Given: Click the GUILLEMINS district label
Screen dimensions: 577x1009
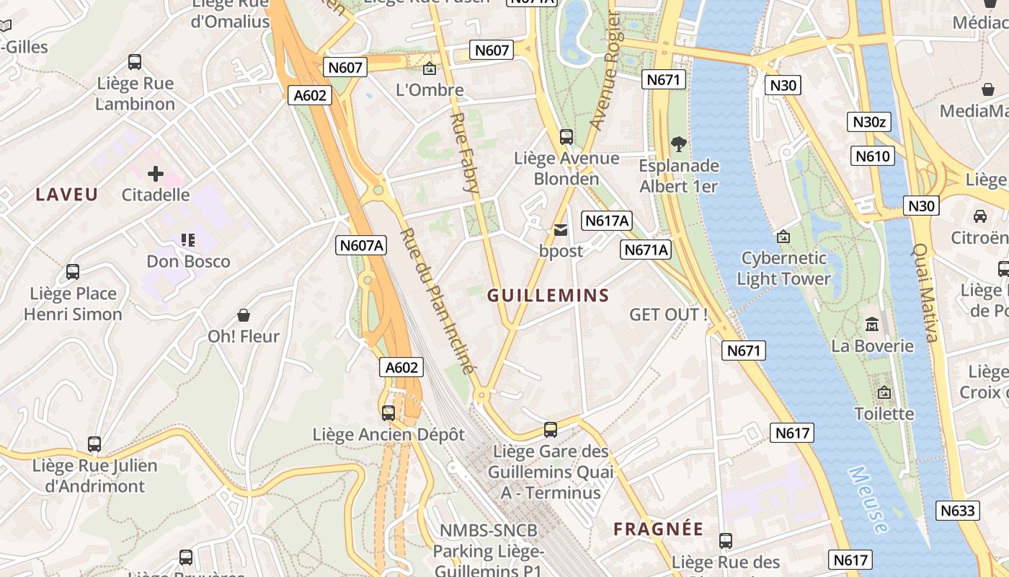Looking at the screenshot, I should [548, 295].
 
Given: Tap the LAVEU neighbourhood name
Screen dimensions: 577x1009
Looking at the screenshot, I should [67, 194].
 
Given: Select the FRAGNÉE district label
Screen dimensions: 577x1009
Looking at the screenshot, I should [658, 529].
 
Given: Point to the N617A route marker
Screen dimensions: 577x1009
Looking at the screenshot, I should [607, 221].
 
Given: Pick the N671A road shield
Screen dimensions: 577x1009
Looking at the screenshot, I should [646, 250].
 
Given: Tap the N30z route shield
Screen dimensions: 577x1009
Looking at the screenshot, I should [868, 122].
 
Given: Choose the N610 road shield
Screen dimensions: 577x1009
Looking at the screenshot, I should [873, 156].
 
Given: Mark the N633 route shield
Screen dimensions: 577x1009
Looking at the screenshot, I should [959, 511].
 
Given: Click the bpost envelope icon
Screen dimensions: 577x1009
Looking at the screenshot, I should [560, 230].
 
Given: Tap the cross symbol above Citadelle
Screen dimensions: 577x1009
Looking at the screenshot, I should [156, 174].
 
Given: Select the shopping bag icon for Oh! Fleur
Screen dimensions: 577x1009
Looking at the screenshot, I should [244, 315].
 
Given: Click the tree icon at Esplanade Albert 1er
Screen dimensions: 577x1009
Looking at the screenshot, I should [678, 144].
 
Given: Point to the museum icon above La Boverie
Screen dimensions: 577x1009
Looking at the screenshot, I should [872, 325].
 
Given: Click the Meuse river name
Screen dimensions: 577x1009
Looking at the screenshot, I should [868, 499].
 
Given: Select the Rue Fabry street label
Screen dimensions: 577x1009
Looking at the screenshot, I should [465, 151].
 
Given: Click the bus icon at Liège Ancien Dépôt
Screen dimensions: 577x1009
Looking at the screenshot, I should [388, 413].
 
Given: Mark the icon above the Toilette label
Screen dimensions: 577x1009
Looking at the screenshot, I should [884, 393].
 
